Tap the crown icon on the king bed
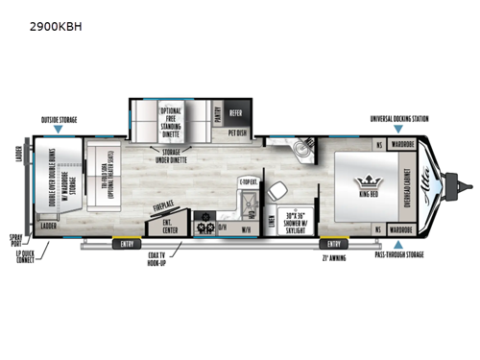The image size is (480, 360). click(368, 180)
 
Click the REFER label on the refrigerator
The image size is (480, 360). click(236, 110)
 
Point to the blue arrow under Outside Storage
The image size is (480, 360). click(60, 131)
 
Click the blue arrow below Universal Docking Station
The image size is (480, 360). click(400, 132)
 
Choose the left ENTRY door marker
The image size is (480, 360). click(127, 243)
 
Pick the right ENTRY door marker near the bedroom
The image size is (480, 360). click(332, 243)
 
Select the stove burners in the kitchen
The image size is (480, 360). click(204, 228)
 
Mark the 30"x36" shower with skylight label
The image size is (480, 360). click(297, 219)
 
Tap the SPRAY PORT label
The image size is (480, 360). click(16, 237)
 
